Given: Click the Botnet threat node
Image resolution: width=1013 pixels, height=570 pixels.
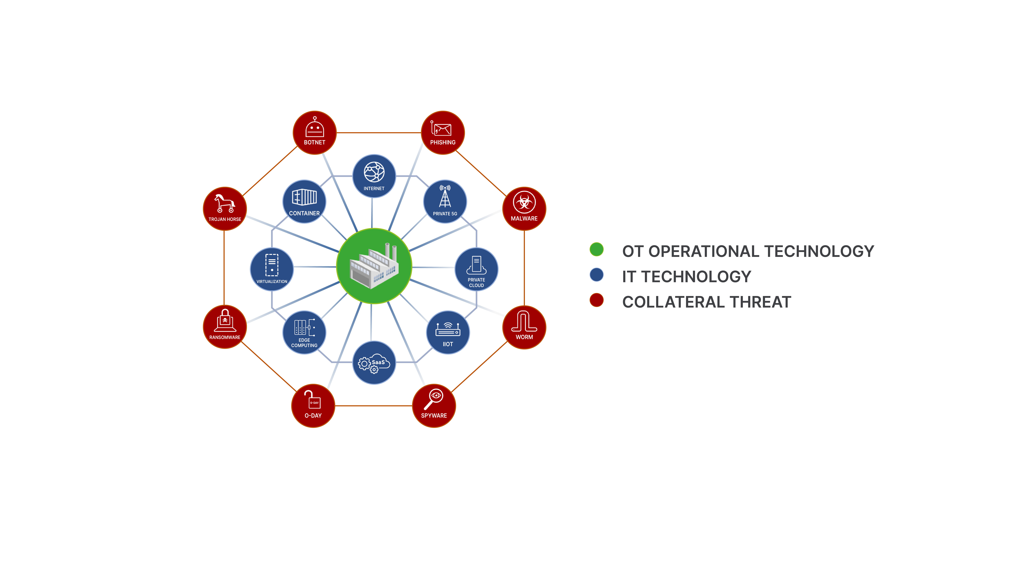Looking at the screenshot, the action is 315,133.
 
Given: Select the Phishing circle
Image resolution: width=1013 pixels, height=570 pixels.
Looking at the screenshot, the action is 443,133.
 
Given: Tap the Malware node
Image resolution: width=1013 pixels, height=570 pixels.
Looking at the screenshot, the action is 524,208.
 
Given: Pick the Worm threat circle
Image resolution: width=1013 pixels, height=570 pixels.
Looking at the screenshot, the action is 524,327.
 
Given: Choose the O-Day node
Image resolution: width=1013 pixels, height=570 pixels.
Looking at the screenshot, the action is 313,406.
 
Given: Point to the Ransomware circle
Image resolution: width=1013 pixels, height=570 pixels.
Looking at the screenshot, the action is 225,327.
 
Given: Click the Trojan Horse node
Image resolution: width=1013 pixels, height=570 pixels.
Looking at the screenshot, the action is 225,208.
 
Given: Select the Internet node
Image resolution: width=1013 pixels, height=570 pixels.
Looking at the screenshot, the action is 374,176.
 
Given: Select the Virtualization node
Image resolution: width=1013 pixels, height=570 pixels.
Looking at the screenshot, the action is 272,269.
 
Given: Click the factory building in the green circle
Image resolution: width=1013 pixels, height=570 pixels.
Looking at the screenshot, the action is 374,265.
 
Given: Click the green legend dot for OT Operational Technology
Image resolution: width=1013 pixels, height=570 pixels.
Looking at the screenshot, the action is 597,249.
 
